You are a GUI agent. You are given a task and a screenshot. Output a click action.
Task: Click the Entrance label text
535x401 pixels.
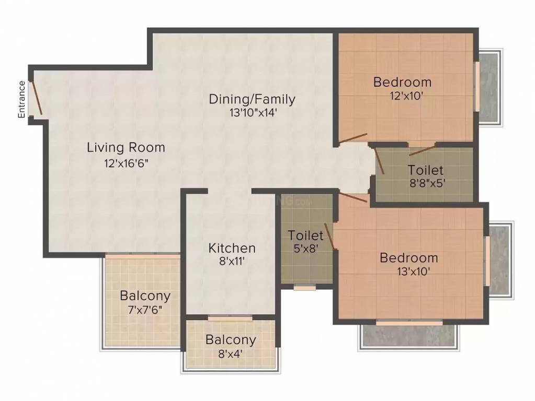22,99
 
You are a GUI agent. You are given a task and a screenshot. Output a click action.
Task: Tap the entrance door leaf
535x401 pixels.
36,98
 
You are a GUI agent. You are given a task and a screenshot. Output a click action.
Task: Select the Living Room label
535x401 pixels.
126,147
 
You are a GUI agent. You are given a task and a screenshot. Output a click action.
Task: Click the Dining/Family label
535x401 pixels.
252,99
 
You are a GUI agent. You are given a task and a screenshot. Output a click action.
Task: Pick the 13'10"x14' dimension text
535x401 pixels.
252,112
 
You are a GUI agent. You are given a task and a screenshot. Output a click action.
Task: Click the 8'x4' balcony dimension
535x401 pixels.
230,353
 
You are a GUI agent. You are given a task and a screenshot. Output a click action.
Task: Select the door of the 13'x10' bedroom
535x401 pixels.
353,197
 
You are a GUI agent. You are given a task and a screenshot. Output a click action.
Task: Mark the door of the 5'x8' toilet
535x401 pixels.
329,237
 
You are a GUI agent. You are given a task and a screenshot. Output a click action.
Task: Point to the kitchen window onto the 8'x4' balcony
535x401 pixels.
230,317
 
